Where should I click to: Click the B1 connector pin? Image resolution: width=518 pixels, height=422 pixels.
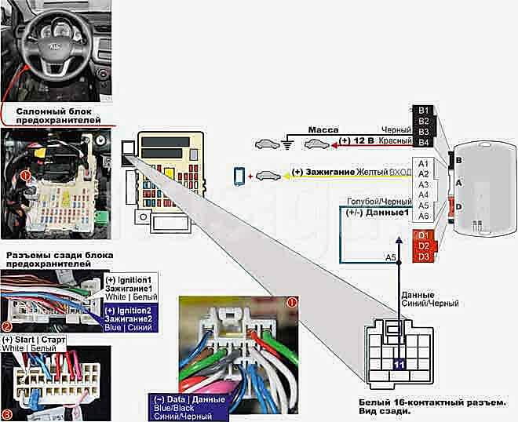point(424,111)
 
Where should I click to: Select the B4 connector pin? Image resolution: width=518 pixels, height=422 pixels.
point(424,142)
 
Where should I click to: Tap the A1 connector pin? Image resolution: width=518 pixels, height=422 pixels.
point(424,163)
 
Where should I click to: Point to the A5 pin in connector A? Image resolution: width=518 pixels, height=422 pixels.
point(424,206)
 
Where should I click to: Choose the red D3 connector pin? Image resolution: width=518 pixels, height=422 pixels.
point(424,256)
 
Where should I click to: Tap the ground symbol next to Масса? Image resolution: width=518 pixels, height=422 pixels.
point(287,144)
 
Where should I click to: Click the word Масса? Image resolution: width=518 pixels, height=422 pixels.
point(322,129)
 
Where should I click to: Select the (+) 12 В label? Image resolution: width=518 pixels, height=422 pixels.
point(357,141)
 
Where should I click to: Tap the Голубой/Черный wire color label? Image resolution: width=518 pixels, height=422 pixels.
point(378,202)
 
